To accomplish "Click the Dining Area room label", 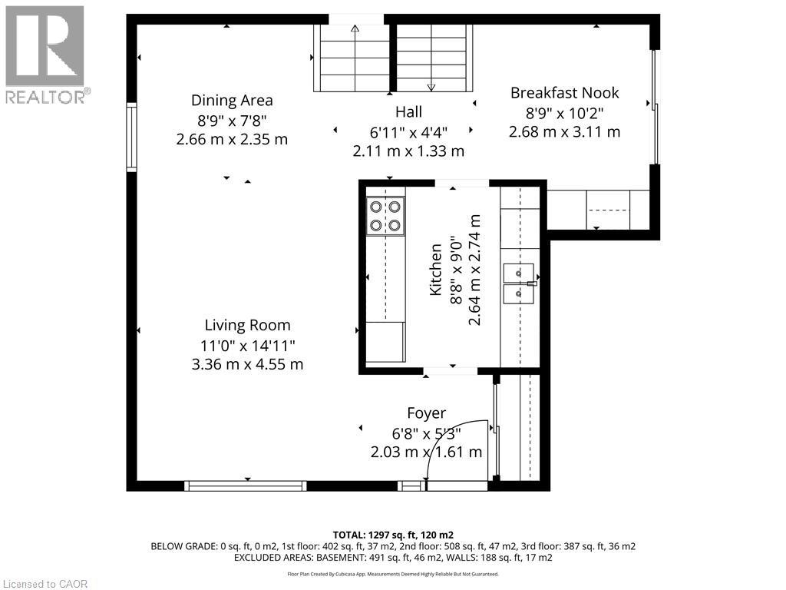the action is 232,101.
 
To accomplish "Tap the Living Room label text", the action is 248,325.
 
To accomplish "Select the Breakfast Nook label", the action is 564,93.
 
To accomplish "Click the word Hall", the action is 408,112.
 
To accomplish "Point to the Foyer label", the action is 427,413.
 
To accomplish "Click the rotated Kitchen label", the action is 435,270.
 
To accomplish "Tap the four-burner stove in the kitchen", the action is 385,216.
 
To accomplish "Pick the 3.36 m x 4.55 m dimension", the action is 248,364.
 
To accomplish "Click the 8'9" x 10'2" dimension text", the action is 564,113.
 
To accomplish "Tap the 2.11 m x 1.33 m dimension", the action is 408,151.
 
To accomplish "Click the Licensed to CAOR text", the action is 45,584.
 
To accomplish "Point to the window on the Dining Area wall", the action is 131,137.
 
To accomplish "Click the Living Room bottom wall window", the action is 246,486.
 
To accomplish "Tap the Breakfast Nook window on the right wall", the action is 656,107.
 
